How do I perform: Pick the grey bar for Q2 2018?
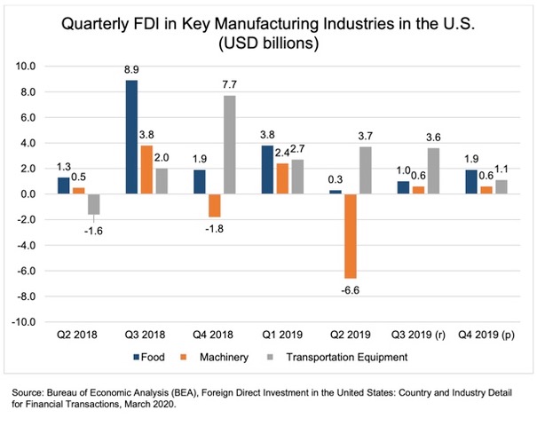93,204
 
